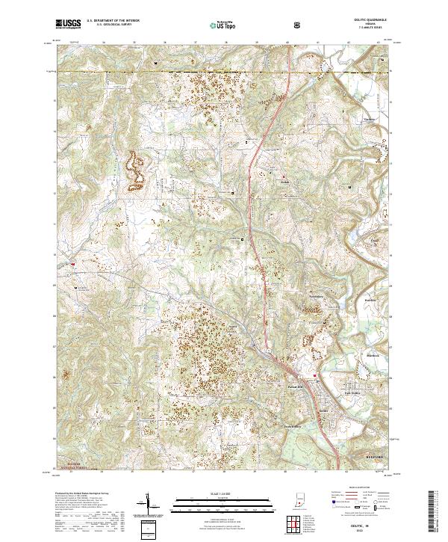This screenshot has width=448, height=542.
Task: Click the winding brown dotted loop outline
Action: [136, 171]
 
